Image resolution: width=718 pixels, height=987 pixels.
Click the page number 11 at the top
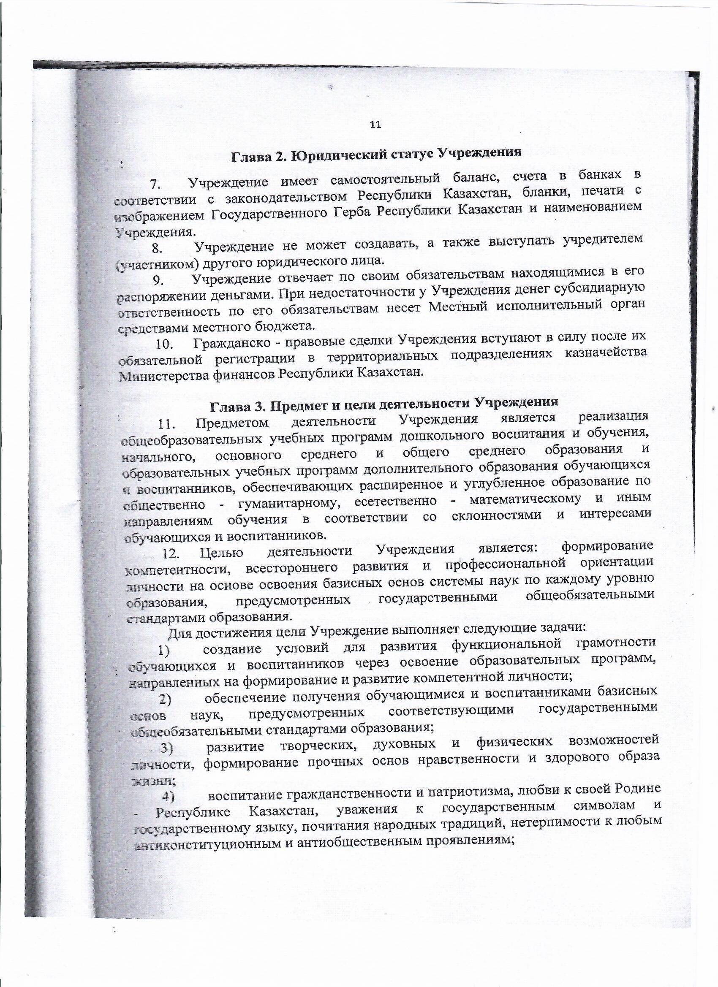[x=375, y=125]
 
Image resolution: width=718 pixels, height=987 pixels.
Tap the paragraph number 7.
[x=155, y=184]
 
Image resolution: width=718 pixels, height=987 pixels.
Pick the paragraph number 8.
[x=156, y=249]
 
